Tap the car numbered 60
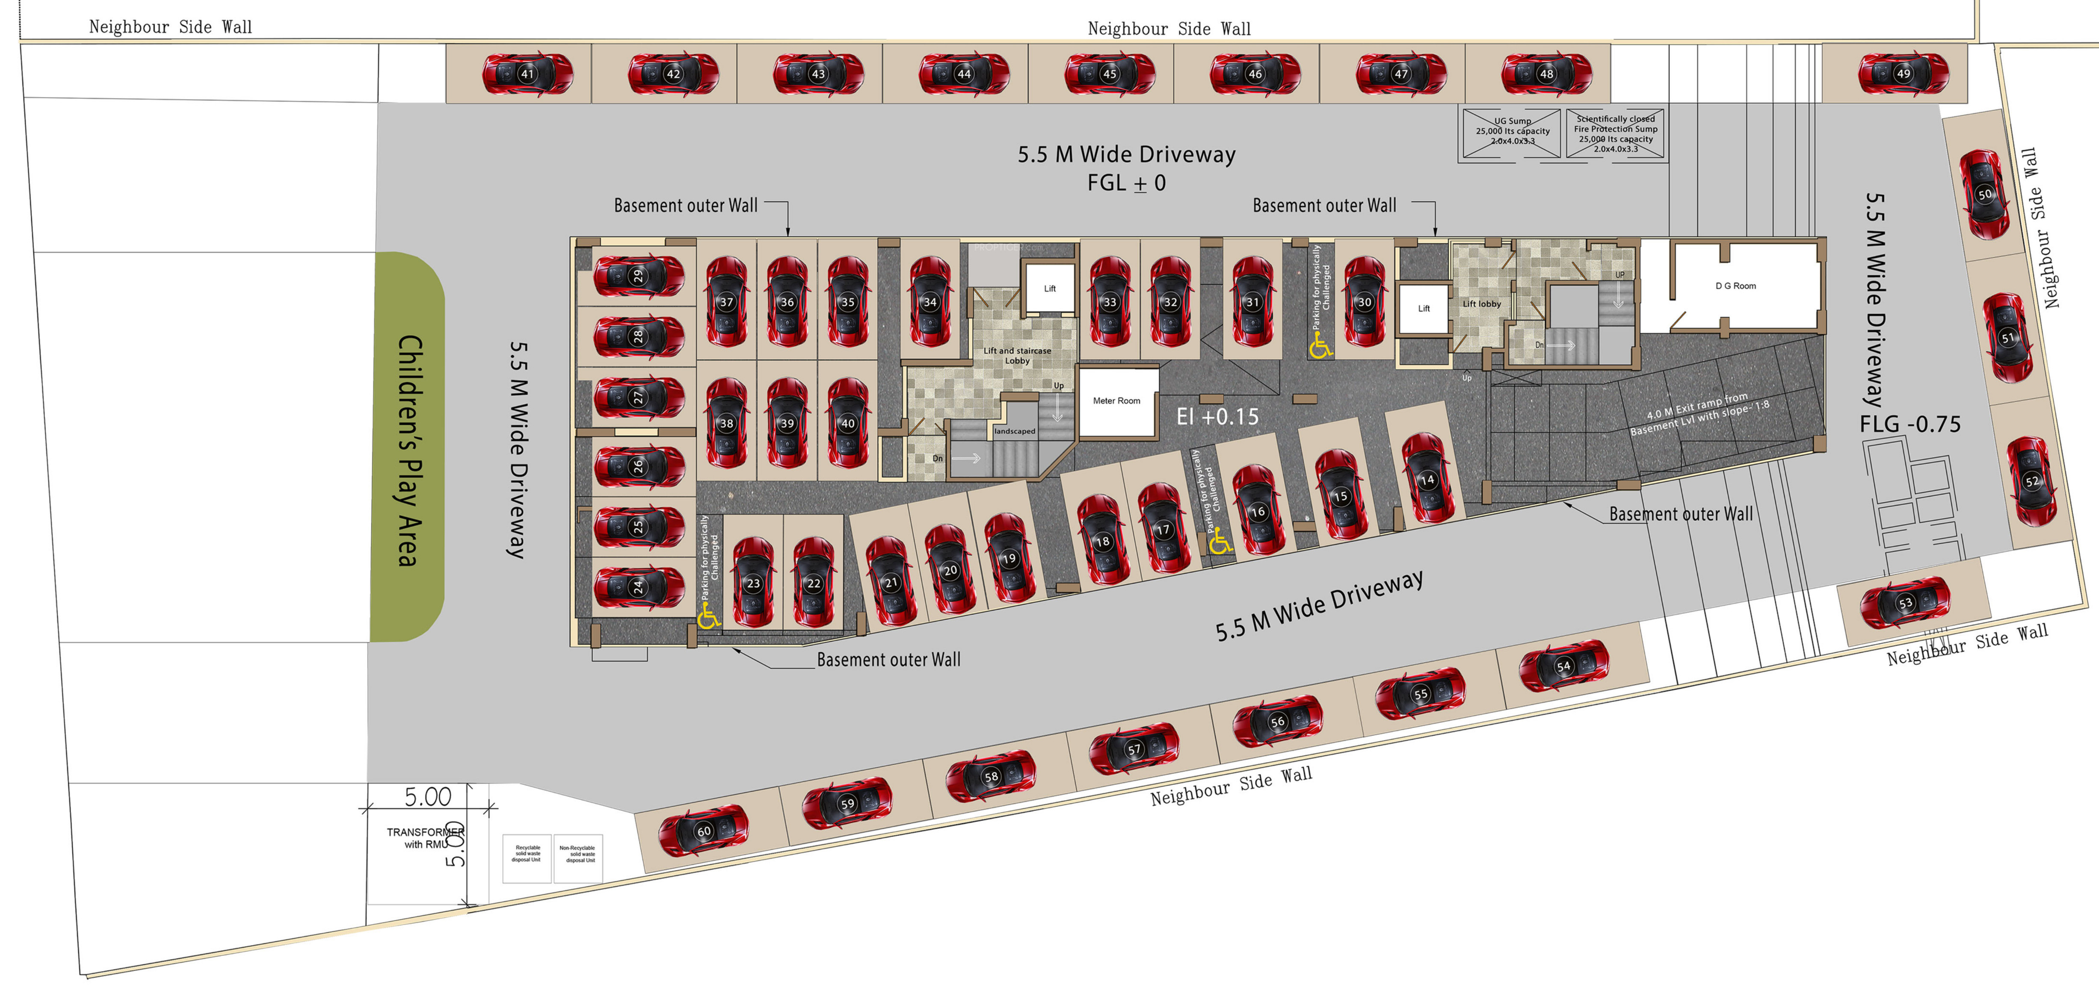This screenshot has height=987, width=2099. [x=703, y=831]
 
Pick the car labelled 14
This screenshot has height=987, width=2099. [x=1427, y=480]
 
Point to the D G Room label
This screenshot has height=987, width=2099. [x=1735, y=286]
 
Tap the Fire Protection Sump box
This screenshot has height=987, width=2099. [x=1615, y=133]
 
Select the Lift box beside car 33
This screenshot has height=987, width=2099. [x=1050, y=288]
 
